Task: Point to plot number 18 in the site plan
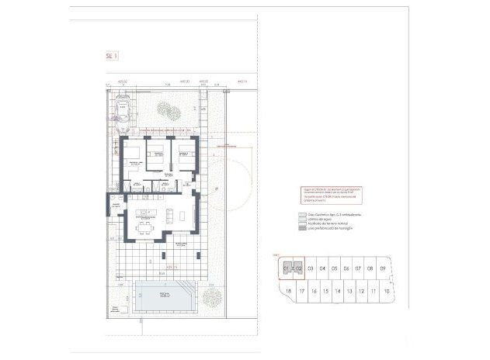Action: tap(289, 292)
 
